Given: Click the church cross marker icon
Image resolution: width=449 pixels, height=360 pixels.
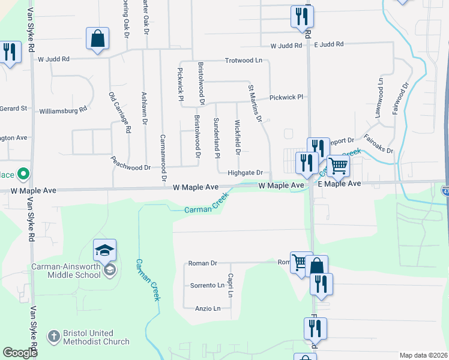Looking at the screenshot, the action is click(53, 337).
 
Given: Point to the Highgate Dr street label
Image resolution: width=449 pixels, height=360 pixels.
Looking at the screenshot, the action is click(245, 173).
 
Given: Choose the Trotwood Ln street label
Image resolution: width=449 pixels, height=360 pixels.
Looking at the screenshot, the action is click(244, 61).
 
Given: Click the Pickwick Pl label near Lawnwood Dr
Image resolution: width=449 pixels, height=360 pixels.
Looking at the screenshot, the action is click(286, 97).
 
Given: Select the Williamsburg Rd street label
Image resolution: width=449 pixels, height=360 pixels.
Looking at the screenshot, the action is click(62, 110).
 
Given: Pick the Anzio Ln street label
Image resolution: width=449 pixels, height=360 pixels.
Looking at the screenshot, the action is click(208, 308).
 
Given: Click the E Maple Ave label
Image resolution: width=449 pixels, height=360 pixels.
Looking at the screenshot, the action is click(339, 184).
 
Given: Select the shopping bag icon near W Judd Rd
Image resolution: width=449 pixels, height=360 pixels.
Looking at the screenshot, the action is click(97, 40).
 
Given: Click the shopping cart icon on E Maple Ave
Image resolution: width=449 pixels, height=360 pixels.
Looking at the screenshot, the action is click(338, 166).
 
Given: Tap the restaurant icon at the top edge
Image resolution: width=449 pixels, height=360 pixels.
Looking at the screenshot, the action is click(301, 17).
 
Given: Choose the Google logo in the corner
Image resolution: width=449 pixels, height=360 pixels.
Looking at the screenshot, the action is click(20, 353).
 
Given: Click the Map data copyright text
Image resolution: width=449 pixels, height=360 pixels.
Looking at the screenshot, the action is click(423, 355).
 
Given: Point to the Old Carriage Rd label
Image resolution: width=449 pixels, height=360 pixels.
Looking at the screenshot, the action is click(119, 112).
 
